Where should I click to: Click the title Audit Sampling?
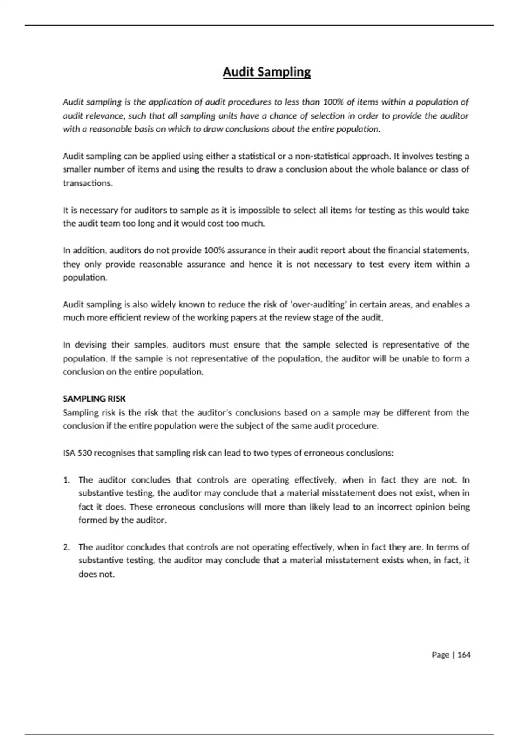[266, 72]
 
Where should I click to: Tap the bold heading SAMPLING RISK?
[94, 399]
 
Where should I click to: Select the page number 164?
[464, 655]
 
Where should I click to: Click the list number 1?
[66, 480]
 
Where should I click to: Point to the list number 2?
[66, 547]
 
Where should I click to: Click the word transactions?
[87, 183]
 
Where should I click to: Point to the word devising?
[91, 345]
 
